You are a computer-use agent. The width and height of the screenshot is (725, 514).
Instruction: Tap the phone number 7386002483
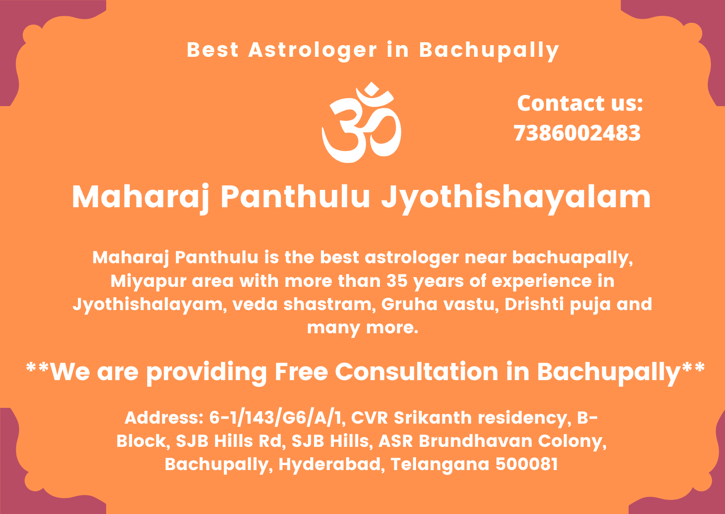click(x=577, y=133)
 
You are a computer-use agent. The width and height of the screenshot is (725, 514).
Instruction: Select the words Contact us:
click(x=580, y=103)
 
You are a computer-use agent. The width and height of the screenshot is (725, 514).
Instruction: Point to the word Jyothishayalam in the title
click(x=516, y=196)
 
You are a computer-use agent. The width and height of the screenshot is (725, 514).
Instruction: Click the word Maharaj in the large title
click(x=141, y=196)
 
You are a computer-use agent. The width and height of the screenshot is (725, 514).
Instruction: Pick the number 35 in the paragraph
click(x=397, y=281)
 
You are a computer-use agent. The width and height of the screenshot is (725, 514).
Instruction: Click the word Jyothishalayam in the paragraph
click(x=149, y=304)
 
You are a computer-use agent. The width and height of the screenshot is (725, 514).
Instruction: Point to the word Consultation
click(x=416, y=371)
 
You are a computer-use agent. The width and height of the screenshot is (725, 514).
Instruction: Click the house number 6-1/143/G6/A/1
click(x=277, y=418)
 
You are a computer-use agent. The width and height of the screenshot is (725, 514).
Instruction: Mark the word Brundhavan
click(x=475, y=441)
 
